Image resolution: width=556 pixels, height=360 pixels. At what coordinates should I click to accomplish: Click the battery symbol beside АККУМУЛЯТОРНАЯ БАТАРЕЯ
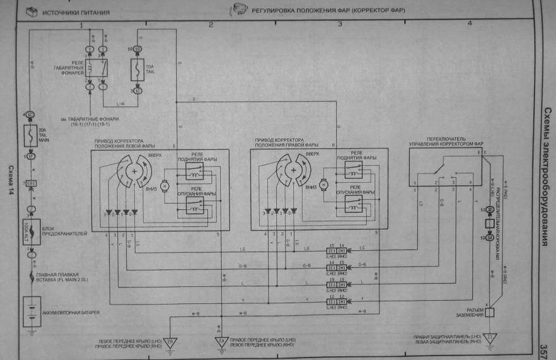29,313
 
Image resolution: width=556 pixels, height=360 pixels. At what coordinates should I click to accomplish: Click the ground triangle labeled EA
221,342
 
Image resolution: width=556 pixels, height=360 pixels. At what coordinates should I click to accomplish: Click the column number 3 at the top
340,23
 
